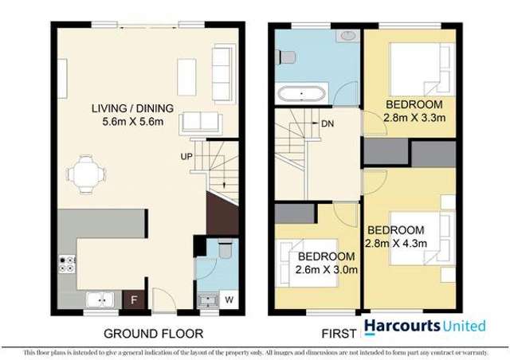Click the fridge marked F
coord(135,301)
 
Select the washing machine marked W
coord(229,300)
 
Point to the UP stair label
coord(184,156)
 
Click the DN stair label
coord(327,123)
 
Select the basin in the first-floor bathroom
coord(347,36)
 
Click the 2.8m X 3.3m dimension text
coord(414,118)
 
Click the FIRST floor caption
coord(336,333)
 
